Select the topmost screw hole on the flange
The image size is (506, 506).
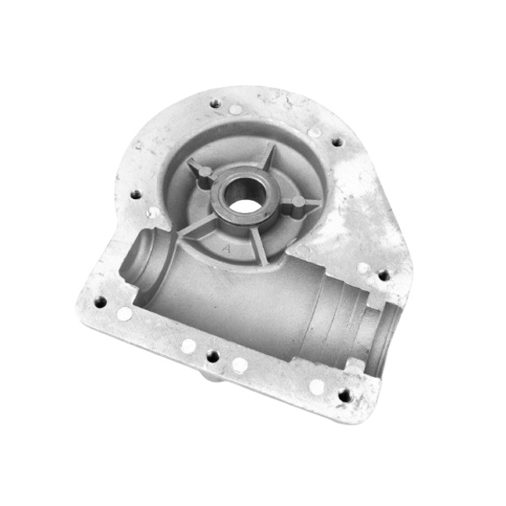[x=216, y=104]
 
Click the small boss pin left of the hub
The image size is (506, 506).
[x=203, y=173]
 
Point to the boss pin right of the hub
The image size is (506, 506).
[x=297, y=202]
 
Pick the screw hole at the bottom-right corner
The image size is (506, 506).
[x=343, y=394]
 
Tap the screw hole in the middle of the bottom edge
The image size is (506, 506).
[x=212, y=356]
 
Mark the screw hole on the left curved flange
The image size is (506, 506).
[x=136, y=194]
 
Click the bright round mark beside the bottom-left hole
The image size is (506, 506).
[x=124, y=314]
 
